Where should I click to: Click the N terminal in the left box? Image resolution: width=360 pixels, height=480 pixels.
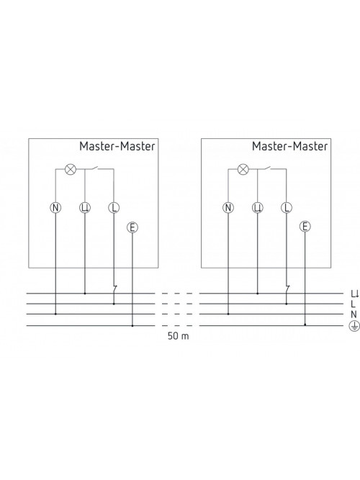click(x=55, y=208)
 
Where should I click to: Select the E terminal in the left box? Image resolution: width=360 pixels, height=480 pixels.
click(x=132, y=227)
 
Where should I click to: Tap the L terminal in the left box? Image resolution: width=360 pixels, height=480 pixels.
click(x=114, y=208)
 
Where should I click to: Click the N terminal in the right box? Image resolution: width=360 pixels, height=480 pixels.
click(x=228, y=208)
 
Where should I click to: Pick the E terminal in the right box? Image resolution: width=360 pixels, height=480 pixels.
click(x=305, y=227)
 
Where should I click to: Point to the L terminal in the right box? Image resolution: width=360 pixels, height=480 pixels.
click(x=287, y=208)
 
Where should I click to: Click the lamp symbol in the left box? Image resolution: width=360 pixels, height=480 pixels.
click(x=71, y=169)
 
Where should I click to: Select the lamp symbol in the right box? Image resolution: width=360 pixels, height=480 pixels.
click(x=243, y=169)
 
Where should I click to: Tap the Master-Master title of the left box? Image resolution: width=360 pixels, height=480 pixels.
click(x=117, y=146)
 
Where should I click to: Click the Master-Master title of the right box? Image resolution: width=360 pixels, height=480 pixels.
click(x=289, y=146)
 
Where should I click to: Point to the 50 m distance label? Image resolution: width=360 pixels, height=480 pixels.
click(x=179, y=336)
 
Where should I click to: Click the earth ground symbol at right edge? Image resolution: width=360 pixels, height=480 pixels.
click(x=354, y=327)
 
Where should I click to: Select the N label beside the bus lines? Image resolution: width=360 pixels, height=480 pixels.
click(x=354, y=314)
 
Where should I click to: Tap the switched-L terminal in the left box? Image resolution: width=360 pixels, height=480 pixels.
click(x=85, y=208)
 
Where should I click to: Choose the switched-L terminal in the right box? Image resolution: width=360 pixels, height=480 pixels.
click(x=257, y=208)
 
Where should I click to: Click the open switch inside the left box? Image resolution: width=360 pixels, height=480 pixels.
click(x=94, y=168)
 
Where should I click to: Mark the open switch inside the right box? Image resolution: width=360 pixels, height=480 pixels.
click(x=267, y=168)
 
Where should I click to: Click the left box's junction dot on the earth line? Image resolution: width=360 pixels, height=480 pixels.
click(x=132, y=326)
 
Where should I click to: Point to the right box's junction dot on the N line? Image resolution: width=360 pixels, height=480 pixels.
click(x=228, y=314)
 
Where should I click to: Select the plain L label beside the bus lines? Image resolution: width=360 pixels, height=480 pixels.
click(x=354, y=304)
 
